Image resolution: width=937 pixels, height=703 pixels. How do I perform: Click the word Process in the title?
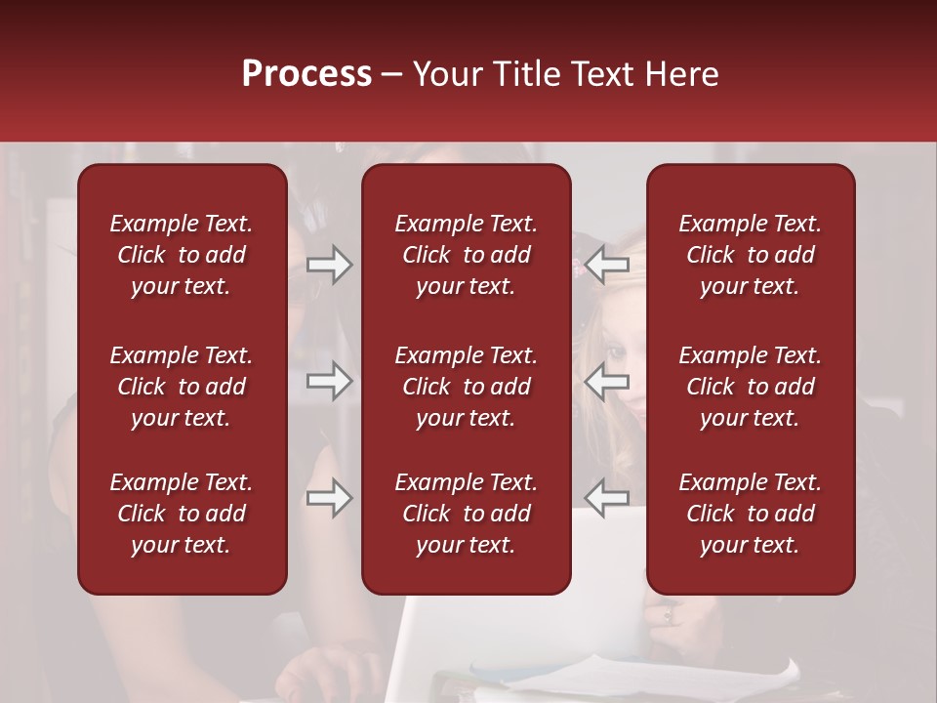tap(306, 74)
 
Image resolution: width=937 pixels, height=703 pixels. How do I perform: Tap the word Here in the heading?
tap(681, 74)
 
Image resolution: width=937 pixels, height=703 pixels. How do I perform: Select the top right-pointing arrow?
tap(330, 265)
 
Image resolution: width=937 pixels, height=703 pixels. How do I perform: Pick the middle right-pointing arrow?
tap(330, 381)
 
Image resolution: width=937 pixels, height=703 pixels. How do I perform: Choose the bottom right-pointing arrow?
tap(330, 498)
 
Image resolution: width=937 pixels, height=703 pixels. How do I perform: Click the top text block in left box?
tap(182, 255)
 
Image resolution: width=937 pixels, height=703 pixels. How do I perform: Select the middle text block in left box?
tap(182, 387)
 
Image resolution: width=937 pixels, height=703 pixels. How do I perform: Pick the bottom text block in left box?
tap(182, 514)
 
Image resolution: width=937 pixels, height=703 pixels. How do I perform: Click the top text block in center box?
tap(467, 255)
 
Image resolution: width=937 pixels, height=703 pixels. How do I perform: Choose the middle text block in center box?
tap(467, 387)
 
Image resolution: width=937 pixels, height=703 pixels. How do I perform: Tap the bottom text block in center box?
tap(467, 514)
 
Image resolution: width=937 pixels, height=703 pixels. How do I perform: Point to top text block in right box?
tap(751, 255)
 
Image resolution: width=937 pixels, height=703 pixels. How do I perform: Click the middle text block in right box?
tap(751, 387)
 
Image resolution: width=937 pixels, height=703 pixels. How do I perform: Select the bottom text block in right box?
tap(751, 514)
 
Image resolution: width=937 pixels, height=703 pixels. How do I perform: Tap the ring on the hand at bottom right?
tap(669, 615)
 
